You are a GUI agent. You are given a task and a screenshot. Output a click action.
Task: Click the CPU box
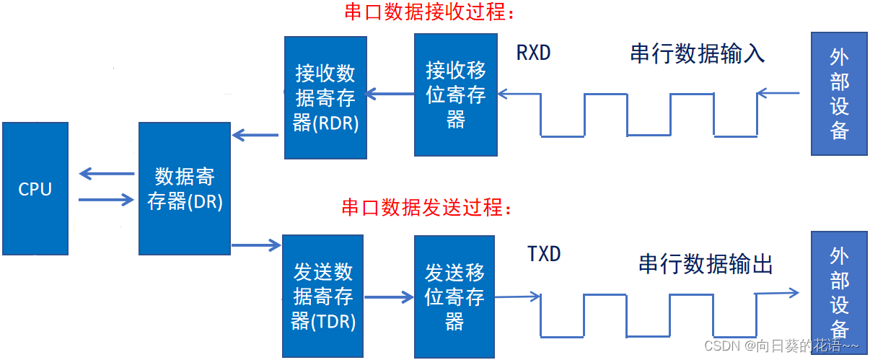click(x=35, y=188)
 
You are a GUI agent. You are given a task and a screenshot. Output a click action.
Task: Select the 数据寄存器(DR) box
click(x=184, y=188)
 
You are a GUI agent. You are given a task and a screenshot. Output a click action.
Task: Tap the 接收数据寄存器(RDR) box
click(x=325, y=97)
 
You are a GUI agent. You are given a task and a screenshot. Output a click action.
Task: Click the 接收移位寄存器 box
click(x=455, y=95)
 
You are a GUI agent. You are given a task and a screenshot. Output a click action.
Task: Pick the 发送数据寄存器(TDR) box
click(x=323, y=296)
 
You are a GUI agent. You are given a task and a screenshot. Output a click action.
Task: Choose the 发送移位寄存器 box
click(x=454, y=297)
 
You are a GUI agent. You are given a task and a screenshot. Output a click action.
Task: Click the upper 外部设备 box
click(x=839, y=94)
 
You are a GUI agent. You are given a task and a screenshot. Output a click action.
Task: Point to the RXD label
click(x=534, y=53)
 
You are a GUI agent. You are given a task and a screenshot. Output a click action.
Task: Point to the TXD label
click(x=544, y=254)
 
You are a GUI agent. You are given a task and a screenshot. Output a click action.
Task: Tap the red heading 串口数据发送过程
click(x=427, y=208)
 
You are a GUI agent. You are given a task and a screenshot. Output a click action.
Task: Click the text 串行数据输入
click(x=697, y=54)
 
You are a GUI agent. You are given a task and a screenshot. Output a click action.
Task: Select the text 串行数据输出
click(x=706, y=264)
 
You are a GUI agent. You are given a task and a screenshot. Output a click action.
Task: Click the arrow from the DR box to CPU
click(x=107, y=174)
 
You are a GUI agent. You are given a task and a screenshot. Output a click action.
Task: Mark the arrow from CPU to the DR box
click(x=107, y=200)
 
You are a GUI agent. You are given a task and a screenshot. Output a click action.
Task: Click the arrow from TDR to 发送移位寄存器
click(x=387, y=297)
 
